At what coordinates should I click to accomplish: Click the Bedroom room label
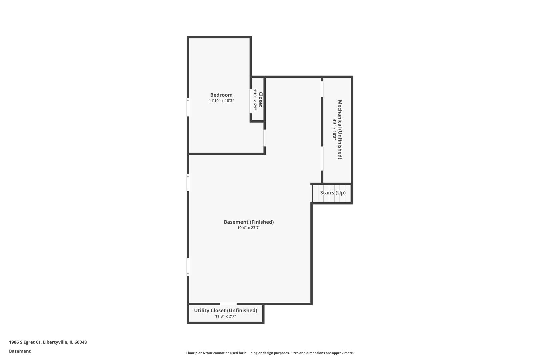click(x=221, y=95)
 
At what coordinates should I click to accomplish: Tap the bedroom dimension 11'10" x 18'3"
click(x=221, y=101)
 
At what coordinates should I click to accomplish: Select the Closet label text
click(x=261, y=99)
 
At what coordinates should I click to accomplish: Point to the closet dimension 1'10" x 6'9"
click(x=255, y=99)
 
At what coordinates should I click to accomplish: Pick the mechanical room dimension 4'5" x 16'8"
click(x=334, y=130)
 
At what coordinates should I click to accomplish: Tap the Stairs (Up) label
click(x=333, y=193)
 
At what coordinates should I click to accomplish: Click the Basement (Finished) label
click(x=249, y=222)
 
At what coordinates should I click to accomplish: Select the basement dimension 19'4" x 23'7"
click(x=249, y=228)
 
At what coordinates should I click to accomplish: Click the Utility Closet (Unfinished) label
click(x=226, y=311)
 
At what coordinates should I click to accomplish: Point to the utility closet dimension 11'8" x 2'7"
click(x=226, y=316)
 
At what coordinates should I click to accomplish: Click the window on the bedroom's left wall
click(x=188, y=107)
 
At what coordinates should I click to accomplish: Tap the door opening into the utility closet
click(x=228, y=304)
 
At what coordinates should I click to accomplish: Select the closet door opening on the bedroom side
click(x=251, y=101)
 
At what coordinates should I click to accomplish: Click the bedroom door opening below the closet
click(x=265, y=138)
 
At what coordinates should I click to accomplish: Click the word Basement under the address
click(x=20, y=351)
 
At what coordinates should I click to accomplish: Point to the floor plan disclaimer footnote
click(x=270, y=353)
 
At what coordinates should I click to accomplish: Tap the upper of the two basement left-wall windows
click(x=188, y=183)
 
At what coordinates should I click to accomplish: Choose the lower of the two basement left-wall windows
click(x=188, y=267)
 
